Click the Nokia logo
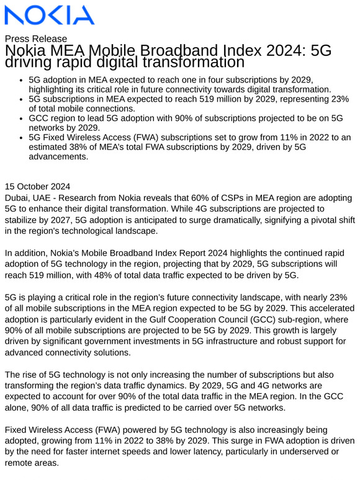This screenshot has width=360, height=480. (x=49, y=15)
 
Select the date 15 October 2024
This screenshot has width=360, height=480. (x=37, y=186)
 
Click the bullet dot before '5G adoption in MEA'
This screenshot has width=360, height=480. (x=22, y=80)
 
